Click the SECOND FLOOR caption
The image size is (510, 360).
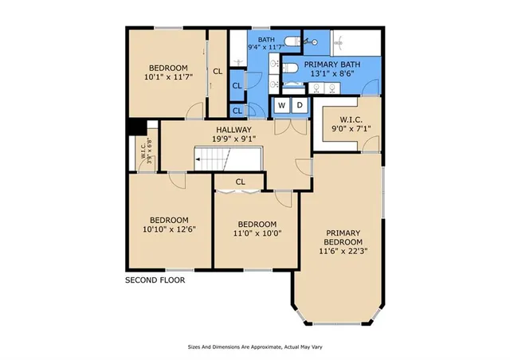coord(155,280)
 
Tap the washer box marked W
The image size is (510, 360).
coord(282,105)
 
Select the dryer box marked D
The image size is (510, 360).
coord(300,105)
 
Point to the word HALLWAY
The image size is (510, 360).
coord(233,130)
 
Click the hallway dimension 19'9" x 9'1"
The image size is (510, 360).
coord(233,139)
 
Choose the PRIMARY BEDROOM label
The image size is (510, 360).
coord(343,237)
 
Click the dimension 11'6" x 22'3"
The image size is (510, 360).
coord(343,251)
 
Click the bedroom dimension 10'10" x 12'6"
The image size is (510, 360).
coord(169,229)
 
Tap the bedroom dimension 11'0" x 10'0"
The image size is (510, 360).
coord(257,233)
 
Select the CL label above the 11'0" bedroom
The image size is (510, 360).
coord(241,182)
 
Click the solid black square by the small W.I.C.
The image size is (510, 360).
coord(136,127)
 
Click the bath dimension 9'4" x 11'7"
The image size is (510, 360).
coord(265,47)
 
